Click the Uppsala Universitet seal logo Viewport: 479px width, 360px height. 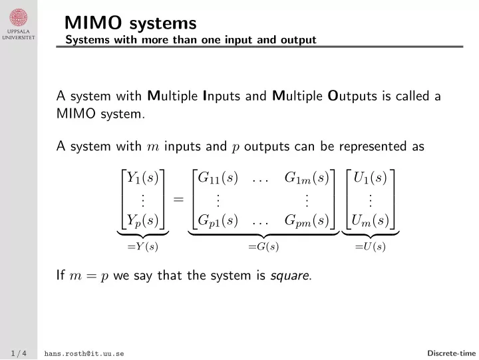point(19,17)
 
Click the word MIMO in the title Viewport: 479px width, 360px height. point(93,23)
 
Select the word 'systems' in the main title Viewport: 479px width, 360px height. point(162,23)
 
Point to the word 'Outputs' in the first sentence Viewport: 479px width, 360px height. point(352,96)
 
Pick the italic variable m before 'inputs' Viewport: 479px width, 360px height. point(153,147)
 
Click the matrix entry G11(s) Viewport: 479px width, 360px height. point(218,178)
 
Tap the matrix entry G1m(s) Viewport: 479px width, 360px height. point(307,178)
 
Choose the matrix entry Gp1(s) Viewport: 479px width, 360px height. point(218,221)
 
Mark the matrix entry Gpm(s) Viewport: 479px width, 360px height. point(307,221)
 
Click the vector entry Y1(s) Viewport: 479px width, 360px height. point(142,178)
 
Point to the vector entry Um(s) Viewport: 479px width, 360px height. point(370,221)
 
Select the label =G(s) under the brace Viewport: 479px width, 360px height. point(263,246)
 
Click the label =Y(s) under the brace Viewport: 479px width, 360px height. point(142,246)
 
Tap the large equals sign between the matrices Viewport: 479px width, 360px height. point(178,200)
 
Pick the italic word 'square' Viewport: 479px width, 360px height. point(289,276)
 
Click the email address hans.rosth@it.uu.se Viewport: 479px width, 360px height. point(84,353)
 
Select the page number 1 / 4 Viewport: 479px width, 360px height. point(19,353)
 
